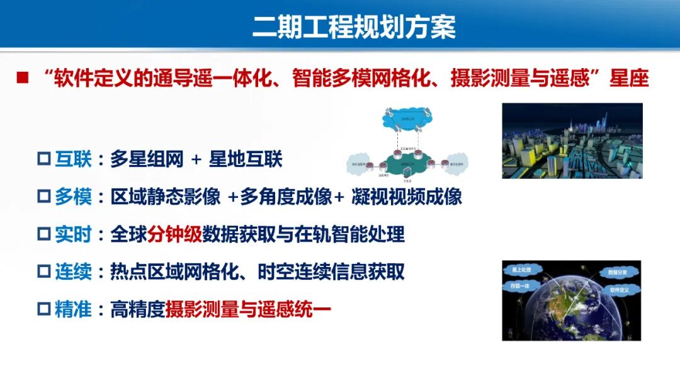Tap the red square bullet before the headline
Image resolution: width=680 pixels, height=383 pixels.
click(23, 78)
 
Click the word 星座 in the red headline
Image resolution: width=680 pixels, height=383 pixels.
click(630, 79)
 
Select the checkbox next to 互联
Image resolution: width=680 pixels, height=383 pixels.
click(43, 160)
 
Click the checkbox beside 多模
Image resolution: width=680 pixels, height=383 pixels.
click(43, 197)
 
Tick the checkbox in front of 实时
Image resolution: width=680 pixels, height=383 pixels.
click(43, 235)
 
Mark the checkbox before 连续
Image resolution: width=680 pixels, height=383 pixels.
click(43, 273)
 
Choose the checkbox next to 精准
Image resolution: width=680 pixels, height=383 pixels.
click(43, 310)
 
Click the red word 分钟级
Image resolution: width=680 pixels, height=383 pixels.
click(174, 235)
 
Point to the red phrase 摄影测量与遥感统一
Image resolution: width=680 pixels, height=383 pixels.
click(248, 310)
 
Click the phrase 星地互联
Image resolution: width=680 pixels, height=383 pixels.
click(246, 160)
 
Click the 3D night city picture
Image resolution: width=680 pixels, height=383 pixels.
click(572, 140)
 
